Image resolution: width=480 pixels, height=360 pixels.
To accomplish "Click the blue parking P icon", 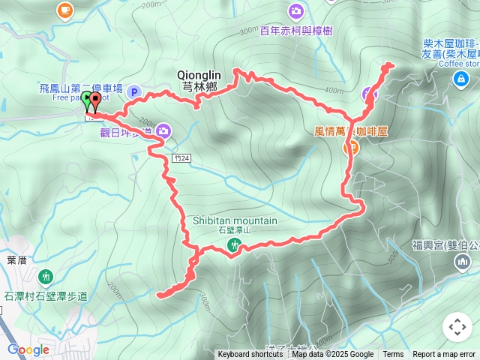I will click(134, 92).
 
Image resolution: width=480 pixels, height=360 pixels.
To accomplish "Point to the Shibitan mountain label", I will click(235, 220).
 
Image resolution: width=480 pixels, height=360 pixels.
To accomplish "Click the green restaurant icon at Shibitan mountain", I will click(235, 244).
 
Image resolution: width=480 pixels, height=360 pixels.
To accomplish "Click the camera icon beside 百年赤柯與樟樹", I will click(295, 10).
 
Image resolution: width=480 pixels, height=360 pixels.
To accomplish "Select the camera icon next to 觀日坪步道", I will click(163, 132).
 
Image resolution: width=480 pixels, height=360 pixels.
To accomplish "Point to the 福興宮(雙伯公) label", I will click(445, 244).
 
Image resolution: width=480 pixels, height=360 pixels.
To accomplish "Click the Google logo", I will click(28, 349).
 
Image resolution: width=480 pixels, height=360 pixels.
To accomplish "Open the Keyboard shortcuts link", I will click(251, 355).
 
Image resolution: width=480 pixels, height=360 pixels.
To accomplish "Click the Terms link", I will click(393, 355).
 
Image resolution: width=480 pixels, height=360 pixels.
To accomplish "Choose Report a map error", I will click(444, 355).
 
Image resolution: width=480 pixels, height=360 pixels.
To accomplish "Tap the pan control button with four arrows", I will click(457, 327).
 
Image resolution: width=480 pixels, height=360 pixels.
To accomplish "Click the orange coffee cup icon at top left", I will click(64, 10).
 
